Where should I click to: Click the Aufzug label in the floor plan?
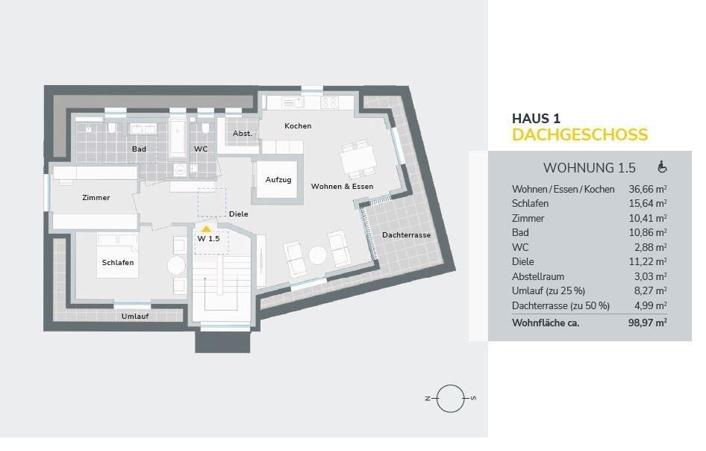pos(278,181)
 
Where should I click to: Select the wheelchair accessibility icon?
pos(662,167)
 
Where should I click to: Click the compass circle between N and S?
pos(450,399)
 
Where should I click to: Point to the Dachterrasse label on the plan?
pos(406,235)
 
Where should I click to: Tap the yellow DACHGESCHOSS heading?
pos(579,135)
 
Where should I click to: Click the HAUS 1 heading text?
pos(536,118)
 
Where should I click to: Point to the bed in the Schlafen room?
pos(117,256)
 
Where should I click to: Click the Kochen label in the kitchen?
pos(298,126)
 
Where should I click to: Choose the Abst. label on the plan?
pos(242,133)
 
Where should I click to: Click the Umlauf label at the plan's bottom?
pos(134,317)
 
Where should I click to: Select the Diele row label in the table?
pos(523,261)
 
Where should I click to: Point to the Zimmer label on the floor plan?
pos(96,198)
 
